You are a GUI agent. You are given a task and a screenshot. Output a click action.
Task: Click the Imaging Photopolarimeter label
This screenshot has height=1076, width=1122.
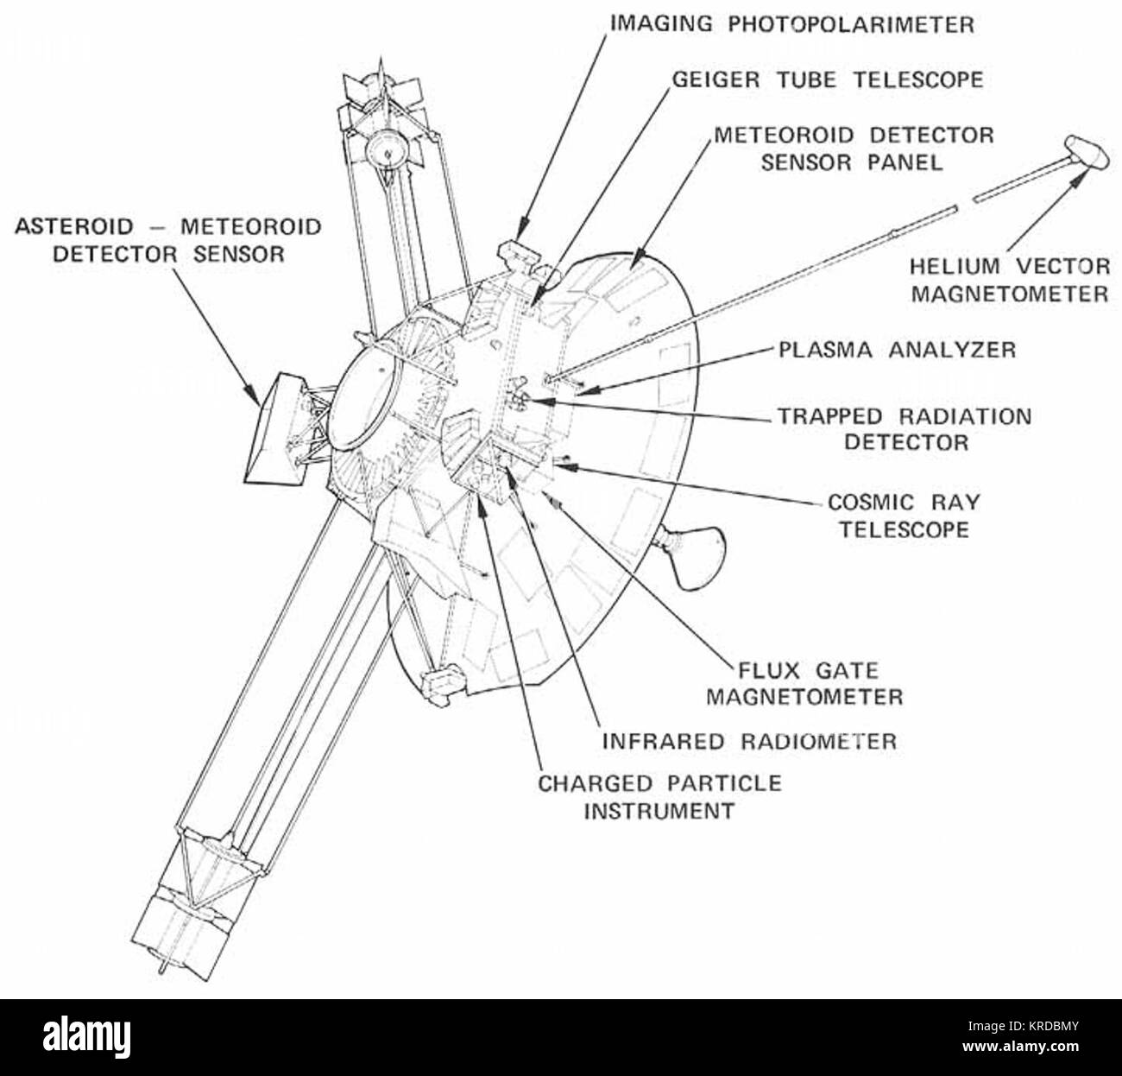tap(792, 25)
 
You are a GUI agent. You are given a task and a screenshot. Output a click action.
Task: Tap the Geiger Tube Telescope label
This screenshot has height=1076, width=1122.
tap(828, 79)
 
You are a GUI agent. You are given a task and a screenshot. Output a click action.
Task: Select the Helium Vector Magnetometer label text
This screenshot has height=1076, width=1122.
tap(1010, 281)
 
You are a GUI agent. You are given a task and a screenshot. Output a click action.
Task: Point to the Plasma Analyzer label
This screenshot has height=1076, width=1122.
tap(897, 350)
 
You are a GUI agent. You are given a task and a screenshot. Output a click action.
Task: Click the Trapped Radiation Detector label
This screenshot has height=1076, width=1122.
tap(905, 429)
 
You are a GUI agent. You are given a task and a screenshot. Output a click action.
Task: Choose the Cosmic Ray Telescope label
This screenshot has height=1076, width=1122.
tap(904, 516)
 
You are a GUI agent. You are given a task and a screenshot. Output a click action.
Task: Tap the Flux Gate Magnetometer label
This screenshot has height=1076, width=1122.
tap(805, 684)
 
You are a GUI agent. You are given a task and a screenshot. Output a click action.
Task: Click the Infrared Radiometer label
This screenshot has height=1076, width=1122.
tap(749, 742)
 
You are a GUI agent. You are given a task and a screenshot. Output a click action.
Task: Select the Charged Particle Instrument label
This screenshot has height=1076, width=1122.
tap(659, 797)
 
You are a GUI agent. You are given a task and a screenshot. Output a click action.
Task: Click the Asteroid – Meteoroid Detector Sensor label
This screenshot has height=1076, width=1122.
tap(167, 240)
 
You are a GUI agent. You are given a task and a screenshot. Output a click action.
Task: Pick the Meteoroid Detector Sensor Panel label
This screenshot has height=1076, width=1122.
tap(854, 149)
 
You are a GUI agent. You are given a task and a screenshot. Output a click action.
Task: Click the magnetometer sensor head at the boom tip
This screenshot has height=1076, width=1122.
tap(1087, 152)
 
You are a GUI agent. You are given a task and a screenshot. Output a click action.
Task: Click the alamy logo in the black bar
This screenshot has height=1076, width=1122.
tap(86, 1038)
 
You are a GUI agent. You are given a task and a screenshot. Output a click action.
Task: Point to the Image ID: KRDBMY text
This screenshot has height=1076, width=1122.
tap(1023, 1027)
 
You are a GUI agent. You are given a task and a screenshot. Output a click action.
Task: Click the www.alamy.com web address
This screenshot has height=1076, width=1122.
tap(1020, 1047)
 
